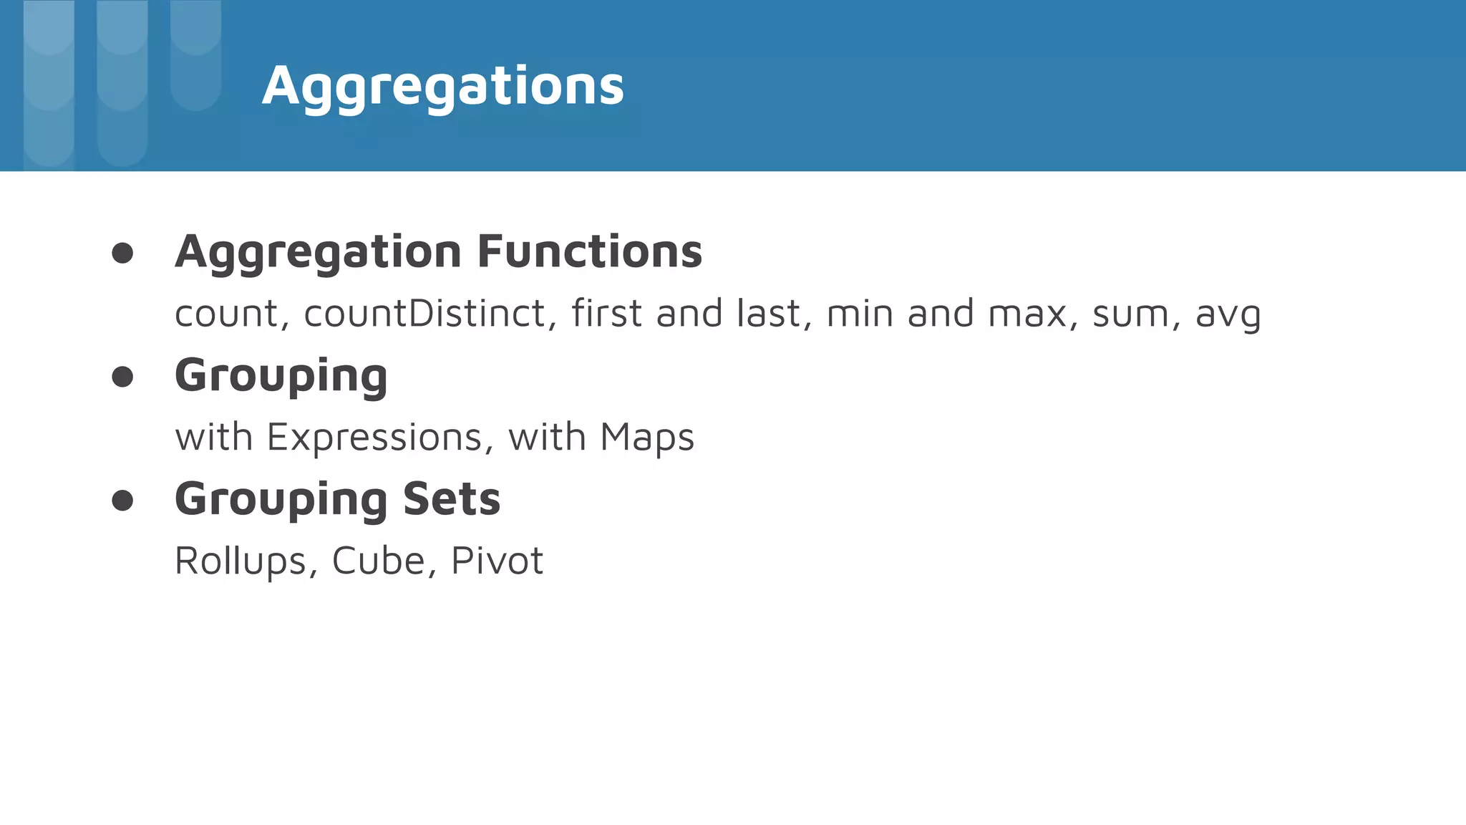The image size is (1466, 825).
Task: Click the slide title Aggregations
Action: pyautogui.click(x=443, y=86)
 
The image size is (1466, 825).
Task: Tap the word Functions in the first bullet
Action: pyautogui.click(x=590, y=251)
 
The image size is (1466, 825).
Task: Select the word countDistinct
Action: pyautogui.click(x=425, y=314)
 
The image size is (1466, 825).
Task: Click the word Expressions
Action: pyautogui.click(x=374, y=437)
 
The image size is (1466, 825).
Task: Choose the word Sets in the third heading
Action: pyautogui.click(x=452, y=499)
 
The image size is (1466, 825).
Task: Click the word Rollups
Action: pyautogui.click(x=241, y=561)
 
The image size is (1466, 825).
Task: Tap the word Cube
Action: pyautogui.click(x=379, y=561)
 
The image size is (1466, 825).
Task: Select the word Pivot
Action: pyautogui.click(x=497, y=561)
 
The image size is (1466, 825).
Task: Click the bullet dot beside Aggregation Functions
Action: pyautogui.click(x=122, y=253)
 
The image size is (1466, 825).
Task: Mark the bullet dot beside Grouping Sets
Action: pyautogui.click(x=122, y=501)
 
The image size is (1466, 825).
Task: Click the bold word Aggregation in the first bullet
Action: pyautogui.click(x=319, y=253)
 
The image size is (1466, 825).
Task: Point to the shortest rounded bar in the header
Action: pyautogui.click(x=195, y=55)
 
